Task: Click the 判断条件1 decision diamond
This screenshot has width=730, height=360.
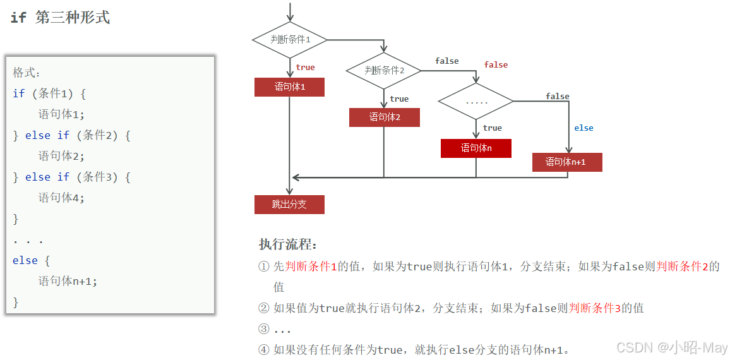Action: pos(290,39)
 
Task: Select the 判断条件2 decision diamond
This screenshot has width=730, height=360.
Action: pos(384,70)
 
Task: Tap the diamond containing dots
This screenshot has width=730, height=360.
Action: pos(476,101)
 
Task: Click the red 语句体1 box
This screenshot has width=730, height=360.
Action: pos(289,87)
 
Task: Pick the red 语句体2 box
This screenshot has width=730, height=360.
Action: pos(384,117)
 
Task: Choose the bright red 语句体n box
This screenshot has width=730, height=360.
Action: pos(476,148)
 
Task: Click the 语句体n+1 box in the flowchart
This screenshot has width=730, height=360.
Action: pos(566,162)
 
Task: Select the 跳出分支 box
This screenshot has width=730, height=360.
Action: pos(289,205)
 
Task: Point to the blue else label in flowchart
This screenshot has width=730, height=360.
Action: pos(583,128)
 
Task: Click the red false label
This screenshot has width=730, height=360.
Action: pos(496,65)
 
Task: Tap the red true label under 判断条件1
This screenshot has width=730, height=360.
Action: pos(305,68)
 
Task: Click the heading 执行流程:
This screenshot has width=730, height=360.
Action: pos(288,245)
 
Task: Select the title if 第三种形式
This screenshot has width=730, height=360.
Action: pos(61,18)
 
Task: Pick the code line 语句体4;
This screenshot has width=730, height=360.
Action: pos(61,198)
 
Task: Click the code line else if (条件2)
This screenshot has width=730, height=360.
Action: pos(71,135)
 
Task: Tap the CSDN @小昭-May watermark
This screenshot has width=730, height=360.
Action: pos(671,348)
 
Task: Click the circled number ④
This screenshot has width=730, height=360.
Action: pos(264,349)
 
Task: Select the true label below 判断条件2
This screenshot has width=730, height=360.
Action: pos(399,99)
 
